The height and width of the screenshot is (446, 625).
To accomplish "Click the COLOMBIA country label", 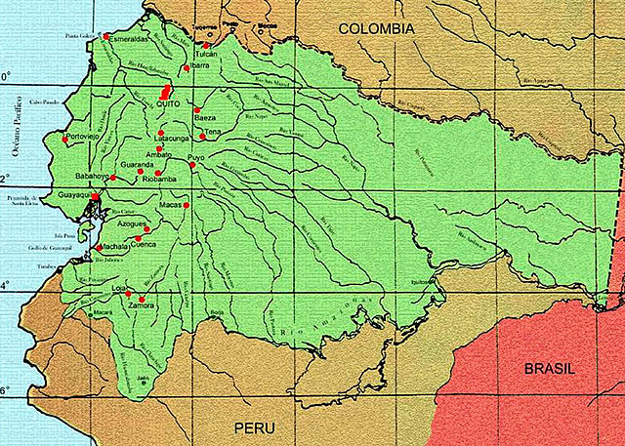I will (x=377, y=30).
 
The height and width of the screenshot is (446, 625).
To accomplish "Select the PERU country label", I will (x=254, y=429).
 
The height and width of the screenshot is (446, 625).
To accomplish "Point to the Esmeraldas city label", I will (x=129, y=39).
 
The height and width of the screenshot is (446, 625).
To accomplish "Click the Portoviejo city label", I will (x=86, y=137).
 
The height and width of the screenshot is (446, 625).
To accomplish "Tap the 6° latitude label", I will (x=6, y=390).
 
